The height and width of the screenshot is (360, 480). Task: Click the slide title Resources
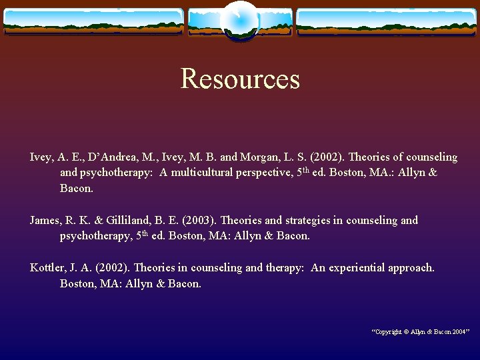tap(240, 79)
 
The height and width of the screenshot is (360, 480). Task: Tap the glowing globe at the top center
tap(239, 21)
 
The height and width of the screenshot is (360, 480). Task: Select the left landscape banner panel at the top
tap(93, 21)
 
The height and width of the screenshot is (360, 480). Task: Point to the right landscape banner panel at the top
tap(387, 21)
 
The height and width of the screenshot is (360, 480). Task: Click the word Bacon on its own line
tap(76, 189)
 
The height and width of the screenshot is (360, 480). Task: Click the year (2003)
tap(199, 220)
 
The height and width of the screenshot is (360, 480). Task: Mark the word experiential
tap(357, 267)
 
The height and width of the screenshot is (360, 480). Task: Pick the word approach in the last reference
tap(411, 267)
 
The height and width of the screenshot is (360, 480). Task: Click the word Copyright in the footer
tap(389, 331)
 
